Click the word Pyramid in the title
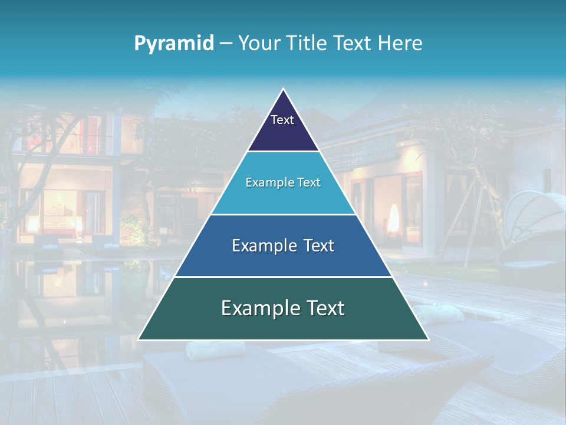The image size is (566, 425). (173, 43)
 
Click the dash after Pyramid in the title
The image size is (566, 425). (225, 44)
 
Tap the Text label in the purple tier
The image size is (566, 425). (282, 120)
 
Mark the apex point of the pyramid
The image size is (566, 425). (284, 89)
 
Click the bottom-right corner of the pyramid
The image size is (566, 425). (428, 339)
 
